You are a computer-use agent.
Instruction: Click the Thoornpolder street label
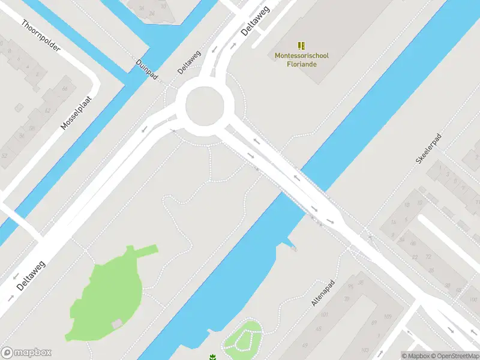tap(41, 35)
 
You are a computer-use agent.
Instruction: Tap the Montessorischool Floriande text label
tap(302, 60)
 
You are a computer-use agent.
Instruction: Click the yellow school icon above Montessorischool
tap(302, 46)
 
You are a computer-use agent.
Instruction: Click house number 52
tap(5, 156)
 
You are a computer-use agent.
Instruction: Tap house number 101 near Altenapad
tap(324, 314)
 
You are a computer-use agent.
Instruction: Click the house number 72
tap(428, 257)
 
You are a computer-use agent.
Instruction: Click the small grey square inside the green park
tap(116, 324)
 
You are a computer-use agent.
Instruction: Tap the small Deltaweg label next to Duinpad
tap(188, 62)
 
